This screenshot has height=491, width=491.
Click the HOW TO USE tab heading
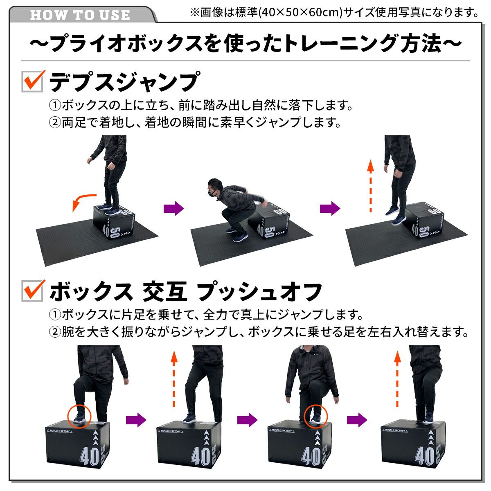coord(80,15)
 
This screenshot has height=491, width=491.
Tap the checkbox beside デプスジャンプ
coord(32,81)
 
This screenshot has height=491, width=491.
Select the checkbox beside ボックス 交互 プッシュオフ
coord(32,291)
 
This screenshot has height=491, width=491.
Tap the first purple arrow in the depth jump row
coord(174,208)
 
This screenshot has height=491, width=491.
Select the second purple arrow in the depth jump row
coord(330,208)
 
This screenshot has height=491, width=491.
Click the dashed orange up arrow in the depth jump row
coord(371,186)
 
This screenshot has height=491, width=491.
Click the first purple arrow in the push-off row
coord(136,420)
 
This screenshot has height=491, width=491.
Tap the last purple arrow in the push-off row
coord(357,420)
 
